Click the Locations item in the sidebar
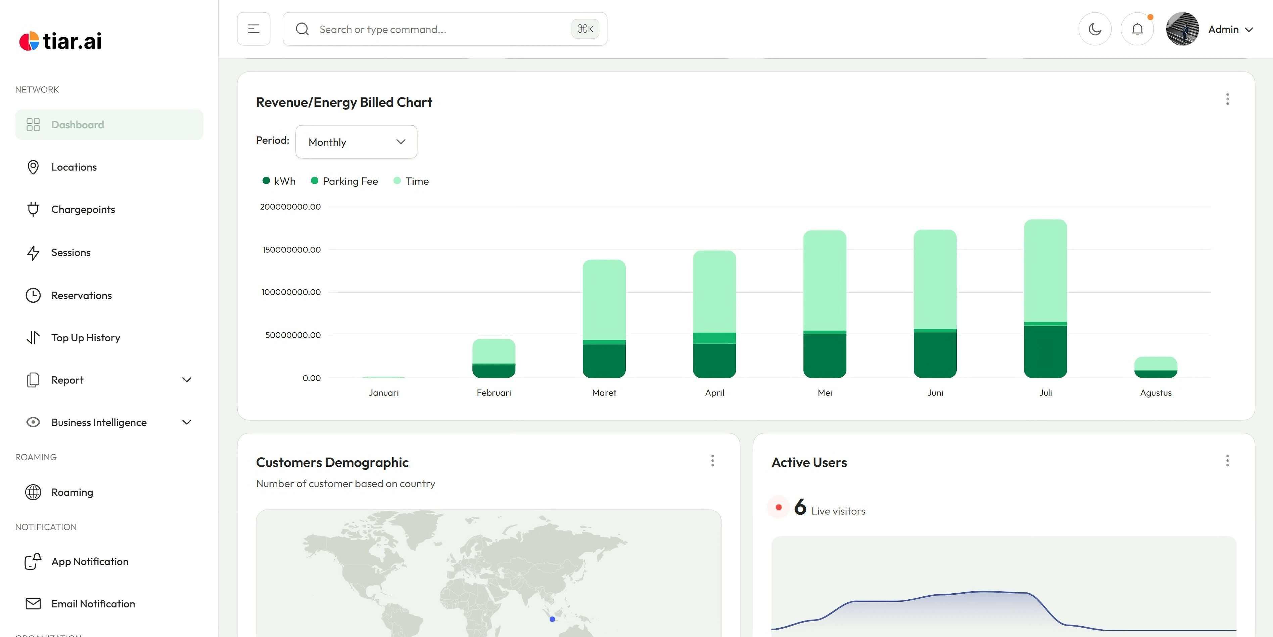tap(74, 167)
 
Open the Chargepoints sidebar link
tap(83, 210)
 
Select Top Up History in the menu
tap(86, 338)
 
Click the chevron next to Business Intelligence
tap(187, 422)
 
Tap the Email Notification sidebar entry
tap(93, 604)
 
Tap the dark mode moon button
tap(1095, 29)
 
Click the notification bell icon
tap(1137, 29)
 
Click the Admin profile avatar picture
tap(1182, 29)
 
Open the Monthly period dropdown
tap(356, 142)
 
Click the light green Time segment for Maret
tap(604, 300)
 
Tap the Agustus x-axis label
tap(1156, 393)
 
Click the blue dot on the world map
tap(552, 619)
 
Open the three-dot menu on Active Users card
tap(1227, 461)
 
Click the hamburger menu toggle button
tap(253, 29)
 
